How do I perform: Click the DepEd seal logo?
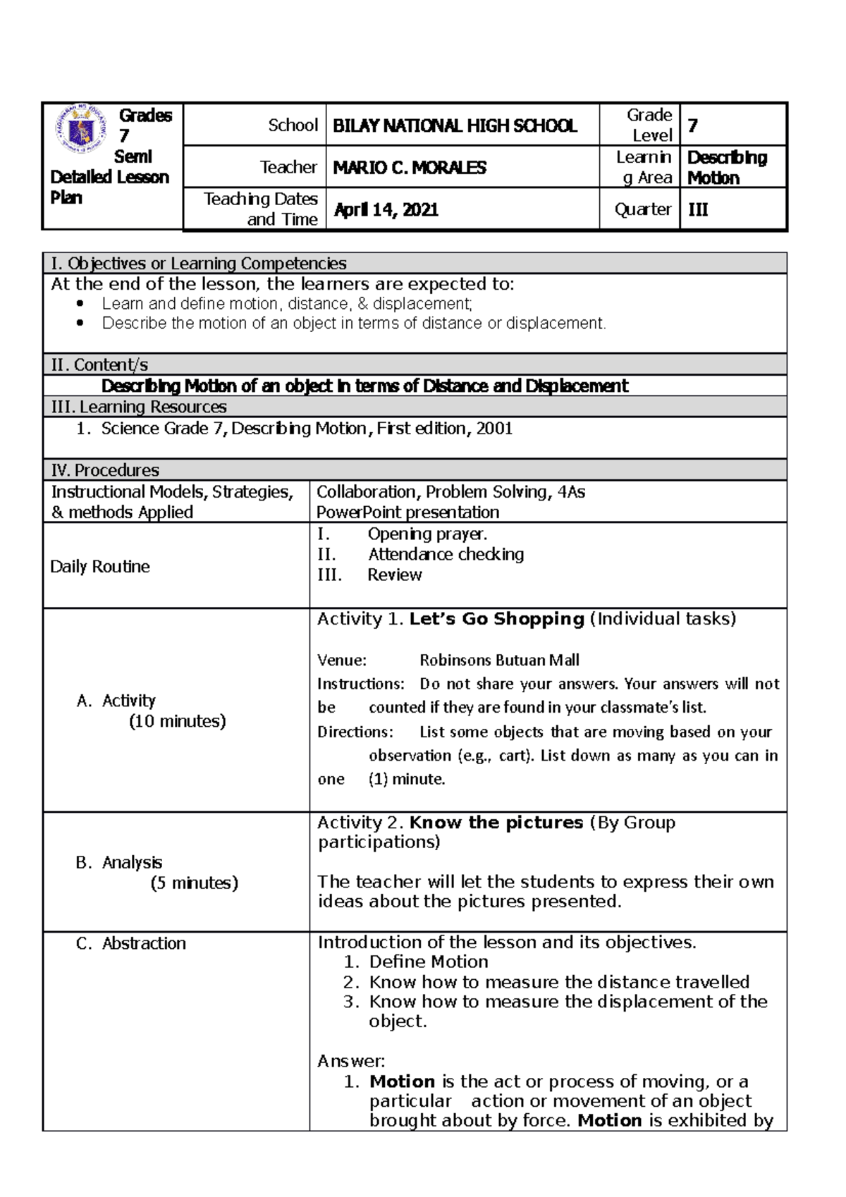[82, 129]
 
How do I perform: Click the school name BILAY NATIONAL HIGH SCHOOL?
[455, 126]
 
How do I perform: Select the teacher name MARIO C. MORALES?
[410, 168]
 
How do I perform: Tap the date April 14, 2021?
[386, 209]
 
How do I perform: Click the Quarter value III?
[698, 209]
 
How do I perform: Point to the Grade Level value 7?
[693, 126]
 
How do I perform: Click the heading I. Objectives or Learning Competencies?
[199, 264]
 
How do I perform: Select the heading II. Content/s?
[99, 364]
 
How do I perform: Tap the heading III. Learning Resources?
[139, 407]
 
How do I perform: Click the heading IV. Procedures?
[105, 470]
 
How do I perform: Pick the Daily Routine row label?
[100, 567]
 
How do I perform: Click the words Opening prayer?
[427, 534]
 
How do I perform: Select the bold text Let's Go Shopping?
[496, 619]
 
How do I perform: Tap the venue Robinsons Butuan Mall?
[499, 661]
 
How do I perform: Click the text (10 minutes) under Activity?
[177, 721]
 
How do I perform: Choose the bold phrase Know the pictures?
[496, 823]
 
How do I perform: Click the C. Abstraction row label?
[131, 943]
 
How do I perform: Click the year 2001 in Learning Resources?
[493, 429]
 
